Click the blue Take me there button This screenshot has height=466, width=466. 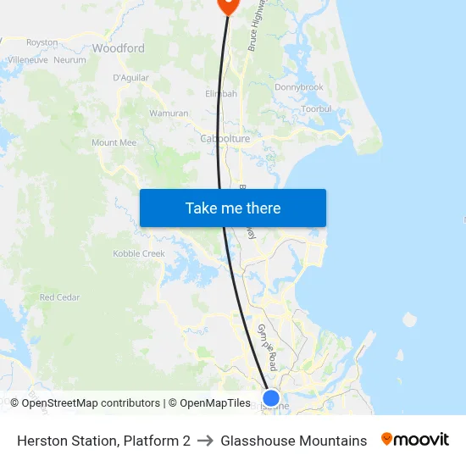tap(233, 208)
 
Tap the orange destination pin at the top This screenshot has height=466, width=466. tap(229, 4)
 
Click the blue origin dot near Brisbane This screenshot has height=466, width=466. tap(271, 397)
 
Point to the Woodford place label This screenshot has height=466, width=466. tap(119, 48)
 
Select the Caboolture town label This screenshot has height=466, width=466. tap(225, 139)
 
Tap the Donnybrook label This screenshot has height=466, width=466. tap(299, 87)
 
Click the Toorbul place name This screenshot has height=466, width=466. tap(316, 109)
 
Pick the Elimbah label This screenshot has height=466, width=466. tap(221, 94)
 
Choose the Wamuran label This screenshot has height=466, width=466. tap(169, 114)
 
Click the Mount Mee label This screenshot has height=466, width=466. tap(114, 143)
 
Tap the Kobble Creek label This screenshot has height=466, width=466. tap(139, 253)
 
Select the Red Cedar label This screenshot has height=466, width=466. tap(59, 297)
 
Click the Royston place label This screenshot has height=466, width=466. tap(42, 42)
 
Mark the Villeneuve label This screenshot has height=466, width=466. tap(27, 60)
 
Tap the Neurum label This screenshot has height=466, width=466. tap(70, 60)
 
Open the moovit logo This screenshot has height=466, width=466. tap(415, 440)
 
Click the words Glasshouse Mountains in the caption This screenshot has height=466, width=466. tap(294, 441)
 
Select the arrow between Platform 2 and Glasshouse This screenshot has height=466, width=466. tap(206, 441)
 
